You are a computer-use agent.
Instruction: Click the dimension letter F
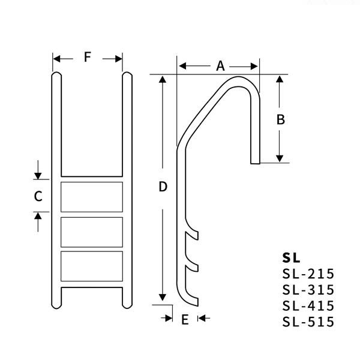coord(88,58)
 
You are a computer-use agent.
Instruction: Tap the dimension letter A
coord(220,65)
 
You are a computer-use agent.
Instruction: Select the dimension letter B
coord(280,119)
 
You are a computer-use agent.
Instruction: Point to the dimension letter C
coord(38,196)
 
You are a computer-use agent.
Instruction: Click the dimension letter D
coord(162,187)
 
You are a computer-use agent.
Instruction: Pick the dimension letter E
coord(185,319)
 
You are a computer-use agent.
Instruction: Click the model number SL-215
coord(308,275)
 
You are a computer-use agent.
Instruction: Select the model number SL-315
coord(308,290)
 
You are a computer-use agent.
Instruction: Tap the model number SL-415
coord(308,306)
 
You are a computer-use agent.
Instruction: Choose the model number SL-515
coord(308,322)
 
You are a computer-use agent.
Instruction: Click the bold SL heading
coord(290,258)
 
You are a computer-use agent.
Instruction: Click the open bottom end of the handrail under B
coord(255,163)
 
